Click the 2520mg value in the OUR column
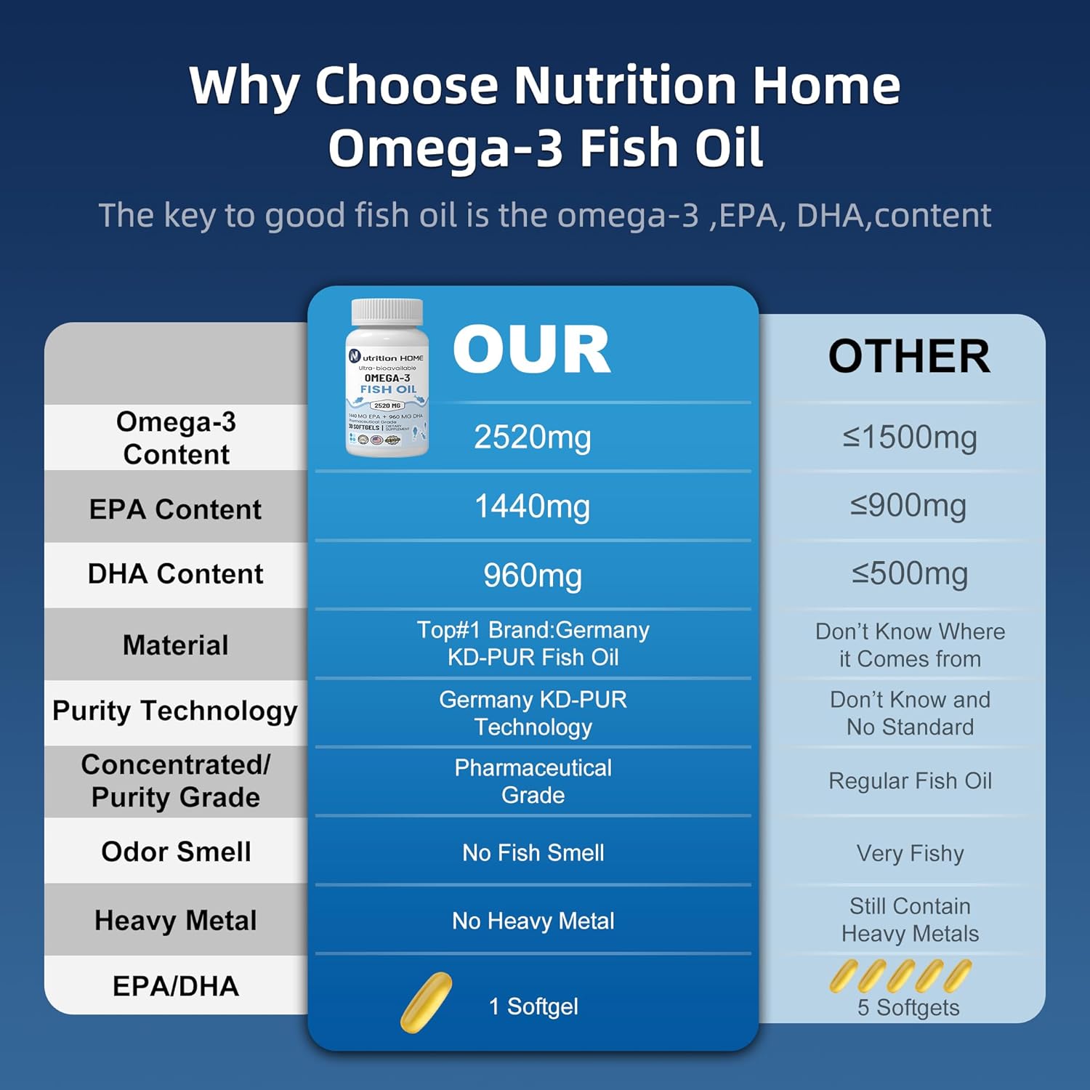(x=533, y=437)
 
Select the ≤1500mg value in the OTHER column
(x=910, y=437)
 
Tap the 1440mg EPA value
(x=533, y=506)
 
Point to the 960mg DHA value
(x=533, y=576)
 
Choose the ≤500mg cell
(x=910, y=574)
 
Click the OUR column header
(x=532, y=350)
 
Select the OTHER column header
(x=909, y=357)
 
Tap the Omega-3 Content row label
(x=176, y=437)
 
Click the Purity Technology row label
(x=175, y=711)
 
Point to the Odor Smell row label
(x=176, y=852)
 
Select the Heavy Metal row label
(x=176, y=921)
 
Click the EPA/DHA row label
(x=176, y=986)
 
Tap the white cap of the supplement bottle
(x=387, y=312)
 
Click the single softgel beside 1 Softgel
(x=426, y=1003)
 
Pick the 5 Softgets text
(x=908, y=1008)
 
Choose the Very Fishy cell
(x=910, y=853)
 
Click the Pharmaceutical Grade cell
(x=533, y=781)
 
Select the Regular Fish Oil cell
(x=910, y=781)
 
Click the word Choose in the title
(x=406, y=86)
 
